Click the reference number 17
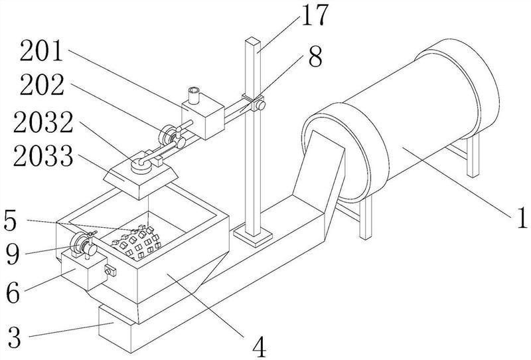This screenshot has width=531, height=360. coord(315,15)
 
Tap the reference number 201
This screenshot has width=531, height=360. coord(42,51)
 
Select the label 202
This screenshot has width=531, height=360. coord(42,85)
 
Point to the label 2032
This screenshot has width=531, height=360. coord(43,122)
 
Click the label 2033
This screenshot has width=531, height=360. coord(43,155)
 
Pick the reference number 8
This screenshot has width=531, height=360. coord(315,56)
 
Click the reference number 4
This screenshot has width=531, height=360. coord(259,347)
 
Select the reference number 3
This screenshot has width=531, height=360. coord(14,337)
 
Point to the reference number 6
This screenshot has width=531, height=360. coord(13,293)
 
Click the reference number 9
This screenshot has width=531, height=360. coord(13,254)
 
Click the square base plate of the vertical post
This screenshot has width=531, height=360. coord(253,236)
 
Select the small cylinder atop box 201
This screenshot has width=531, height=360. coord(194,95)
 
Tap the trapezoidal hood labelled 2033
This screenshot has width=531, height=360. coord(141,179)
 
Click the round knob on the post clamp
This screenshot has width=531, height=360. coord(260,106)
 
